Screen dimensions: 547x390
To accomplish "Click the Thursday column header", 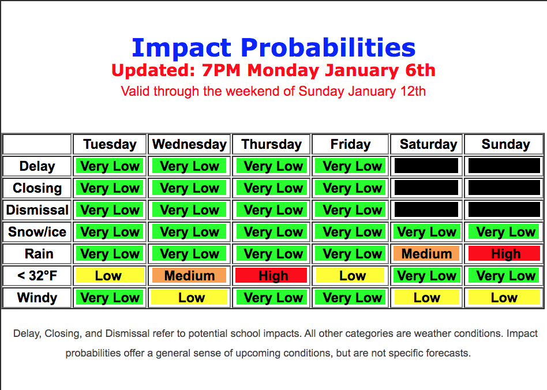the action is tap(271, 144).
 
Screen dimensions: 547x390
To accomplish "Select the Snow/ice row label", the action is tap(37, 232).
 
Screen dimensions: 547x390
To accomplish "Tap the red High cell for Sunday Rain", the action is tap(504, 254).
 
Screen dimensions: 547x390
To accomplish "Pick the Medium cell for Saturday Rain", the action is tap(426, 254).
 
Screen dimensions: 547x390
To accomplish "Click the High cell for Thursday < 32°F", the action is tap(271, 276).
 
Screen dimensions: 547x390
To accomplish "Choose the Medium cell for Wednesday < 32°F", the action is tap(189, 276).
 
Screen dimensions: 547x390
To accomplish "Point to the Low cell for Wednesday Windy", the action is tap(189, 298).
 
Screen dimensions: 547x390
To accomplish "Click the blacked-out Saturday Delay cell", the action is tap(426, 166).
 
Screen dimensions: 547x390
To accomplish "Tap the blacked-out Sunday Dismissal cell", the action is tap(504, 209).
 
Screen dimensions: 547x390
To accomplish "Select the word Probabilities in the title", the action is tap(328, 48).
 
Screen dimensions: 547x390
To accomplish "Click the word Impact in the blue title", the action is tap(181, 48).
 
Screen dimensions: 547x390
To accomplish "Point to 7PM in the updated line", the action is tap(221, 70).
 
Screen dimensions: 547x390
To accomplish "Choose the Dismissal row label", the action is tap(37, 210).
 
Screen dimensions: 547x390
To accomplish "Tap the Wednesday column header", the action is tap(189, 144).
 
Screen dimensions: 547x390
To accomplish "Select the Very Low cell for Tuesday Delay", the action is tap(110, 166).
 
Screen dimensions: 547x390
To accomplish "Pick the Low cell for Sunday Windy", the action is tap(504, 298).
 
